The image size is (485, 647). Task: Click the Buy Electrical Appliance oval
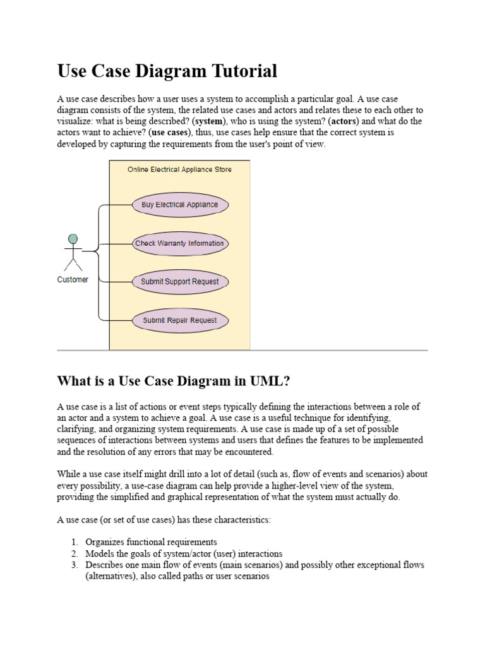(180, 205)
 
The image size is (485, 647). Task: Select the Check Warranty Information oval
(180, 243)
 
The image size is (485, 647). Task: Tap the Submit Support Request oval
(180, 282)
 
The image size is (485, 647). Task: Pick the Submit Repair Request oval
(180, 320)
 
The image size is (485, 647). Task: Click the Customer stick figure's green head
(73, 239)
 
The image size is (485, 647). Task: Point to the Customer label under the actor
(73, 279)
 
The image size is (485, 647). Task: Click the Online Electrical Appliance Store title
(179, 169)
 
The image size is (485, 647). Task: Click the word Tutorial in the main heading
(244, 71)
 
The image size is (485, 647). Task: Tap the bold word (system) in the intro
(210, 121)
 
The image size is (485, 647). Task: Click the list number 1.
(74, 542)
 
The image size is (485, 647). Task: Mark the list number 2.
(74, 553)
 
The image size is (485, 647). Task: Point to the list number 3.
(74, 565)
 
